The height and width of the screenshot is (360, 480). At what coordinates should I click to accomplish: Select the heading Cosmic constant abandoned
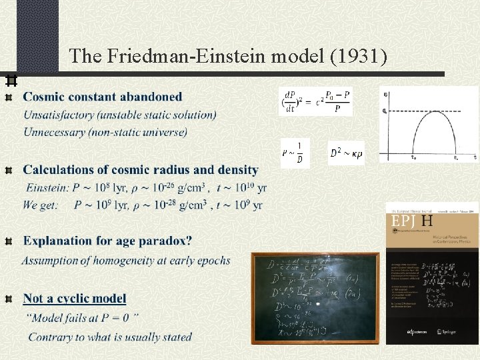click(103, 97)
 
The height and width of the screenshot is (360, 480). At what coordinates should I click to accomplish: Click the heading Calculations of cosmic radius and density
click(141, 170)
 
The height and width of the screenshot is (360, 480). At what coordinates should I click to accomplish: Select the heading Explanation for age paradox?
click(108, 241)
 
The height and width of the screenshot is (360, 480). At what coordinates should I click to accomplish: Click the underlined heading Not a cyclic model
click(75, 298)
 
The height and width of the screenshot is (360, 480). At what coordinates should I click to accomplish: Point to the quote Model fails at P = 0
click(83, 318)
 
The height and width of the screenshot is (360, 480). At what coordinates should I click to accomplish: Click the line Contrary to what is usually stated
click(110, 337)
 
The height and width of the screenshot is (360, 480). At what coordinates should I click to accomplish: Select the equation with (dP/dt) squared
click(315, 102)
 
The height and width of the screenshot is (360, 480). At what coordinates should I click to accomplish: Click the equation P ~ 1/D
click(294, 153)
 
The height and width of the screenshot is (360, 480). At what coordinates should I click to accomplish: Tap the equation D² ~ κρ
click(347, 153)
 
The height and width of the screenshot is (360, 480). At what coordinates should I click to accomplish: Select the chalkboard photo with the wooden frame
click(315, 297)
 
